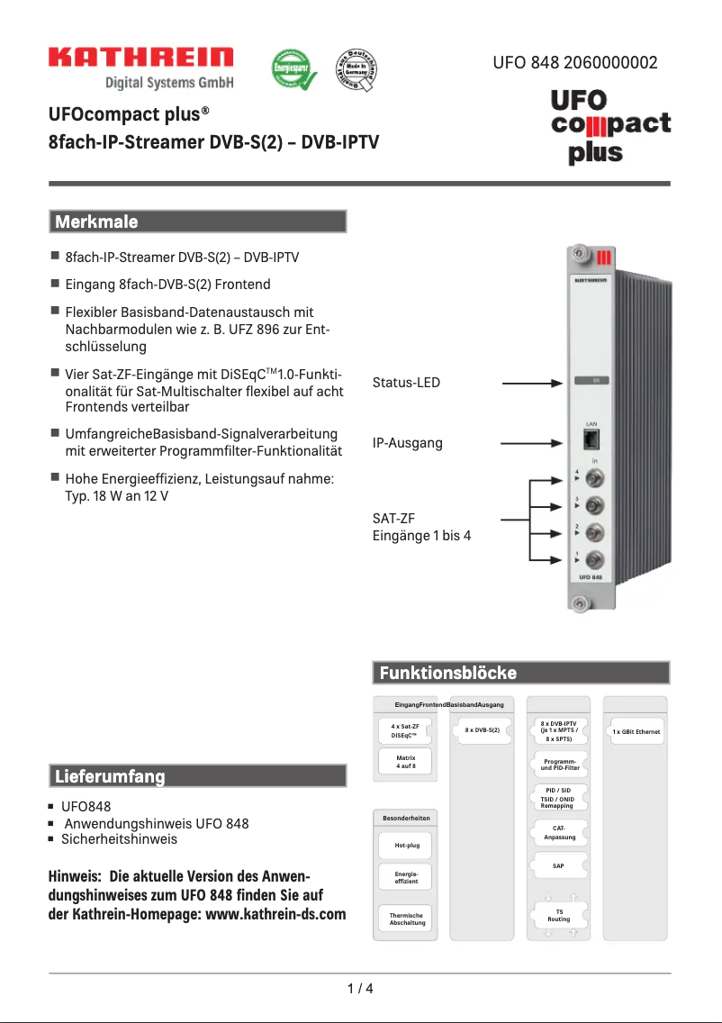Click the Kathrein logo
[140, 59]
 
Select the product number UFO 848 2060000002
[574, 63]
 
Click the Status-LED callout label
[407, 383]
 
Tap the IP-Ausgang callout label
[408, 443]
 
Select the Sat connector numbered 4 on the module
[594, 477]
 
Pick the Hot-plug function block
[405, 846]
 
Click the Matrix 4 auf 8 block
[405, 762]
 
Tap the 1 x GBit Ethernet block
[636, 731]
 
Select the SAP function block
[558, 865]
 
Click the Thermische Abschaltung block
[406, 919]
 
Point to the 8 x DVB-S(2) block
[483, 729]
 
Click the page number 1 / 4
[360, 988]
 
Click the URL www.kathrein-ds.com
[276, 914]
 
